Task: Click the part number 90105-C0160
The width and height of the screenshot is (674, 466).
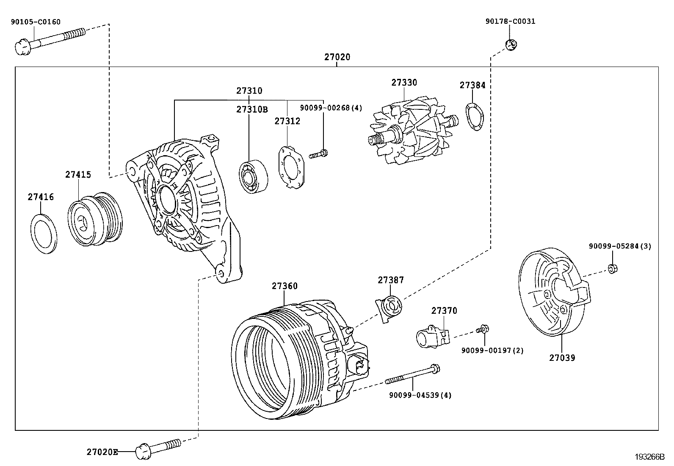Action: [36, 22]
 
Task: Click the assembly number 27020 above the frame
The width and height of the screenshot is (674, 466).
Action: [337, 57]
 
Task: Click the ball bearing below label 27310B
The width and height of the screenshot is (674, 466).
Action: [253, 176]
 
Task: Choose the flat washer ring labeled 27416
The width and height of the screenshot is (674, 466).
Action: [44, 234]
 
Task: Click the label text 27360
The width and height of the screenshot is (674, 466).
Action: [285, 286]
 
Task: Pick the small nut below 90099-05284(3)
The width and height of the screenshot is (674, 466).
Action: [612, 268]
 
